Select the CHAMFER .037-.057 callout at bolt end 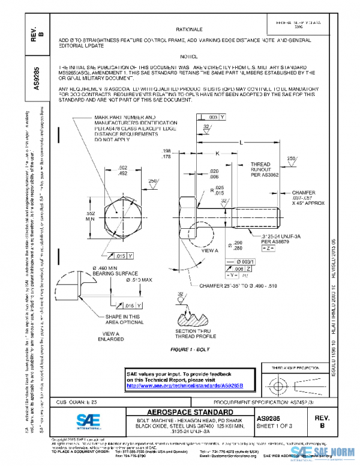point(308,198)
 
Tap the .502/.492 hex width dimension point(122,170)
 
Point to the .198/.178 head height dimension point(167,154)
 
